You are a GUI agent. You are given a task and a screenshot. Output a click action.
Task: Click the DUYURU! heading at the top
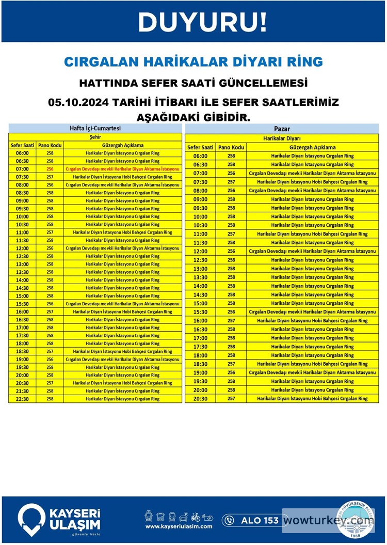pyautogui.click(x=202, y=22)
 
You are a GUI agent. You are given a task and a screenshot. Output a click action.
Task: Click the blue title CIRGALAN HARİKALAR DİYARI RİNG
pyautogui.click(x=193, y=62)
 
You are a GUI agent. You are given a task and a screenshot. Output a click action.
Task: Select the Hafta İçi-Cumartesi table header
pyautogui.click(x=95, y=129)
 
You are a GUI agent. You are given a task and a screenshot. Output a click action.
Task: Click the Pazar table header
pyautogui.click(x=282, y=129)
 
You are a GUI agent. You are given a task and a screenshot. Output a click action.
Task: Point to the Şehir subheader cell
pyautogui.click(x=95, y=137)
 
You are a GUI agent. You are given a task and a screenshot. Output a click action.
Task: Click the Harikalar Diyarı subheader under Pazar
pyautogui.click(x=282, y=138)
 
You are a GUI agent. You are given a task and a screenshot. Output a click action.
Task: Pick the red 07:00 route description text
pyautogui.click(x=122, y=169)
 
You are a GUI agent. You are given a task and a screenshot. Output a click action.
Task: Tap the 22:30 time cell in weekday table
pyautogui.click(x=22, y=399)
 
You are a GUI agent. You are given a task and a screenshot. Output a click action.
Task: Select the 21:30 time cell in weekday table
pyautogui.click(x=22, y=391)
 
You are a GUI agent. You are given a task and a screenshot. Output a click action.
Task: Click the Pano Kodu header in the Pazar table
pyautogui.click(x=231, y=147)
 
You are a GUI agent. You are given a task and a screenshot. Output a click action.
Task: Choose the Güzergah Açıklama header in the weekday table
pyautogui.click(x=123, y=145)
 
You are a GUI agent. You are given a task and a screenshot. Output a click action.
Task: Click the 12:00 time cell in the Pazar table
pyautogui.click(x=200, y=251)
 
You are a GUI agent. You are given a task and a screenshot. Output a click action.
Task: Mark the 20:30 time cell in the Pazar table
pyautogui.click(x=200, y=398)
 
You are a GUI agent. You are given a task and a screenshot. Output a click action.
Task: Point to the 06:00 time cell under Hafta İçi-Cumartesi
pyautogui.click(x=22, y=153)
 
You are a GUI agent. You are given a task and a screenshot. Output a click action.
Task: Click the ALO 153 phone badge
pyautogui.click(x=251, y=520)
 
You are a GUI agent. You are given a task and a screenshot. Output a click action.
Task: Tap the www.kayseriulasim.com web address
pyautogui.click(x=179, y=526)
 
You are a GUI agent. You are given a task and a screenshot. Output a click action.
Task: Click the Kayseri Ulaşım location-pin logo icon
pyautogui.click(x=31, y=519)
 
